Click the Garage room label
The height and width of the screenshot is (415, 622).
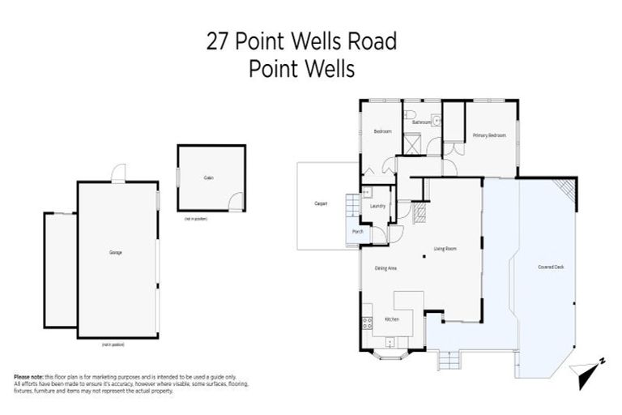(x=116, y=254)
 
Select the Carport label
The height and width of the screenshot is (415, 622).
(x=320, y=204)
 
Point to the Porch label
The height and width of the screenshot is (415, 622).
(x=357, y=232)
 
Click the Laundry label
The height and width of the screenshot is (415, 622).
(x=377, y=206)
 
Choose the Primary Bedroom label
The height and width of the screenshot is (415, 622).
(x=489, y=135)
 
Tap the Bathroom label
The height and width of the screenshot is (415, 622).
(x=420, y=122)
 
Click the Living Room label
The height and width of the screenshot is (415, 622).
(x=445, y=249)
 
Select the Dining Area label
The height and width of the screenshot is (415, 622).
(x=386, y=267)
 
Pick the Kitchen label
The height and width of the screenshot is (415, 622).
(x=392, y=320)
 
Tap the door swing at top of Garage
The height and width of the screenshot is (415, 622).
(x=118, y=173)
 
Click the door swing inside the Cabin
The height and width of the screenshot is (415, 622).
(x=234, y=202)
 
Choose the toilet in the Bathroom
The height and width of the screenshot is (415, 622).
(x=411, y=114)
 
